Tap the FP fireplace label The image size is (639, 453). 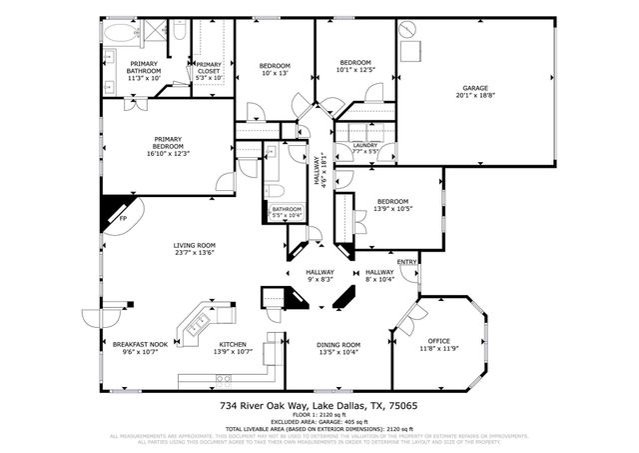[123, 217]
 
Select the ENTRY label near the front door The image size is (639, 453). [406, 262]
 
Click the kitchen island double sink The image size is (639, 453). [196, 323]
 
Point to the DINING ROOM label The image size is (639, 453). [337, 344]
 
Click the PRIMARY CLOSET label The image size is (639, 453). [209, 67]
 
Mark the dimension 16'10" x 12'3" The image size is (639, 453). [167, 152]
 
